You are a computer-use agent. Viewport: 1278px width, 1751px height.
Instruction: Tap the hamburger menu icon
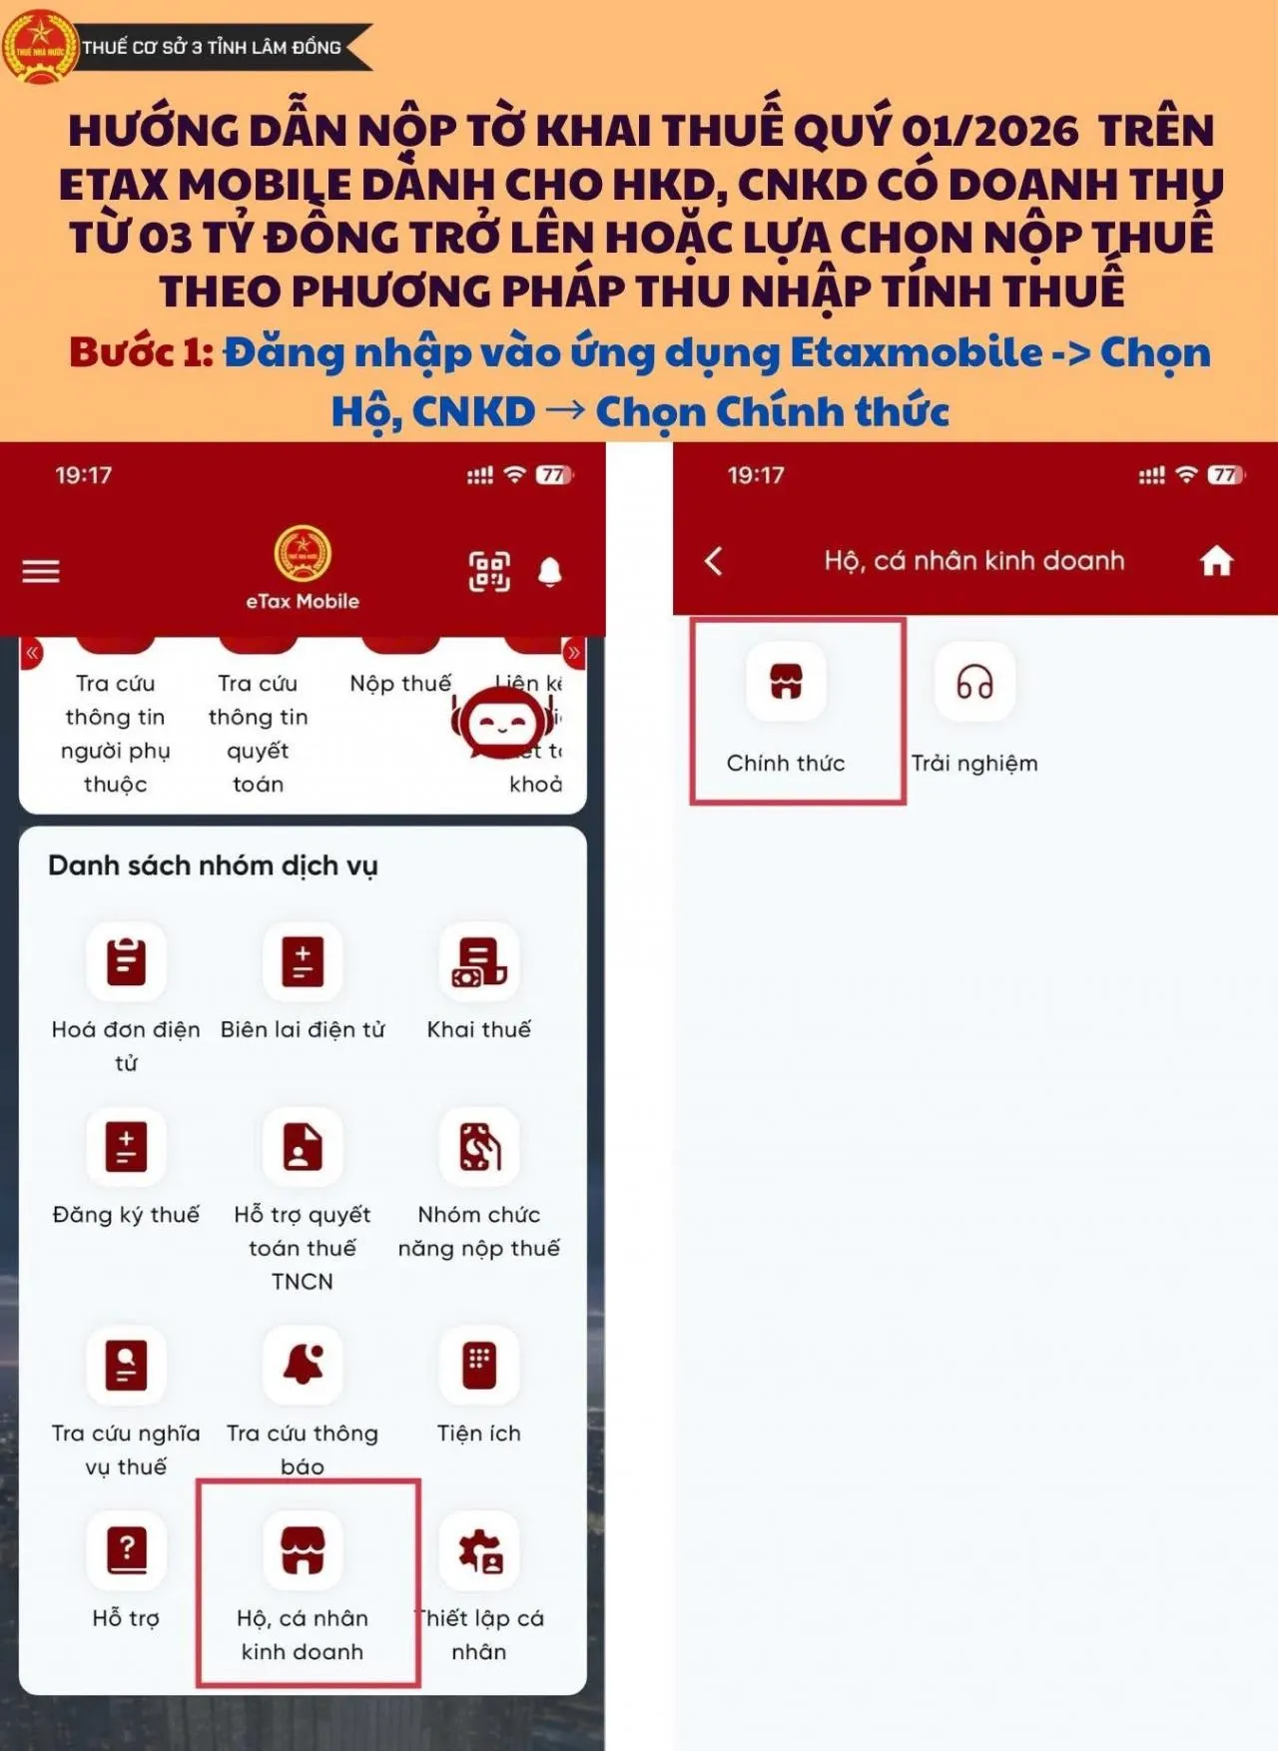41,571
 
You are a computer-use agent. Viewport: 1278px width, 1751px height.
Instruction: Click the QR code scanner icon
489,571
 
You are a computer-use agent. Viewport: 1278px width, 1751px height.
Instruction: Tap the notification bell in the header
550,571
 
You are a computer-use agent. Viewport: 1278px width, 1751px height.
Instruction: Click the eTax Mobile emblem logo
303,555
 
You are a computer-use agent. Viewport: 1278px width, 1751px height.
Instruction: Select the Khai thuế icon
479,961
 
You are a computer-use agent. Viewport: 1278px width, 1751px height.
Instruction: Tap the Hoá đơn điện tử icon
126,961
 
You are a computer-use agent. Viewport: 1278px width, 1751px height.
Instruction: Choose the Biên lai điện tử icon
303,961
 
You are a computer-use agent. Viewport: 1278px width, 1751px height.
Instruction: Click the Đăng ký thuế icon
126,1146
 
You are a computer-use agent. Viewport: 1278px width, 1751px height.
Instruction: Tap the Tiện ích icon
479,1365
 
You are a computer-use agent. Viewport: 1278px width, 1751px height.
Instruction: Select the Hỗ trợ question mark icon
126,1549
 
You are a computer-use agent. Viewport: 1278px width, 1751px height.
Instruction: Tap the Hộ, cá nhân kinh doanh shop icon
303,1549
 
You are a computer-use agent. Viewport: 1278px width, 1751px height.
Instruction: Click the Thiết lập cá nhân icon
479,1549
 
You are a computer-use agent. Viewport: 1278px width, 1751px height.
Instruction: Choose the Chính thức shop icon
786,682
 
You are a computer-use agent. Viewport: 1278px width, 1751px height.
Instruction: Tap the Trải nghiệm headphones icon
974,682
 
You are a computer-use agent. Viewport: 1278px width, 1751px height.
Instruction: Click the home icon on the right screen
1216,561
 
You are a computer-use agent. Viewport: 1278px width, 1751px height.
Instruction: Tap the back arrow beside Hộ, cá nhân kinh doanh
714,561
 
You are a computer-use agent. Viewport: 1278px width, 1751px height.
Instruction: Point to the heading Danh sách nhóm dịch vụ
213,866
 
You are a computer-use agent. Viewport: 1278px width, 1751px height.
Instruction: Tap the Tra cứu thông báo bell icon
303,1365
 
